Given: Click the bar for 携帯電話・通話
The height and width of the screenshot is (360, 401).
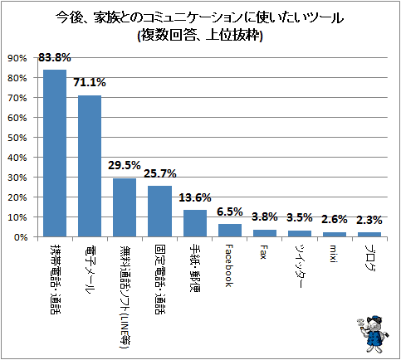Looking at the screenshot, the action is (x=55, y=153).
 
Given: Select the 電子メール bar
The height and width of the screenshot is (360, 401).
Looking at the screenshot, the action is (x=90, y=166).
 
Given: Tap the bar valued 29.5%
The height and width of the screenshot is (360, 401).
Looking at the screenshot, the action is (x=125, y=207).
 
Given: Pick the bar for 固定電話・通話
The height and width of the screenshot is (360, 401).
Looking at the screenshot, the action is (x=159, y=212).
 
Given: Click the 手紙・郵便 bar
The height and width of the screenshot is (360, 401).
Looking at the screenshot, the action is (x=195, y=223).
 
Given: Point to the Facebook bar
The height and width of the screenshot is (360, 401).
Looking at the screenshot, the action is (x=230, y=231).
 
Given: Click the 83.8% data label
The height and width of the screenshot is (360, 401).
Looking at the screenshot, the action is (x=55, y=57).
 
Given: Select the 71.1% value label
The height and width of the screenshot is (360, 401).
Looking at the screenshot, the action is (x=90, y=82).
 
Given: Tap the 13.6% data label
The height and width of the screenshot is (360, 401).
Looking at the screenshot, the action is (x=195, y=197).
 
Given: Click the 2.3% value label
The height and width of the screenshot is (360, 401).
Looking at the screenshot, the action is (x=369, y=220).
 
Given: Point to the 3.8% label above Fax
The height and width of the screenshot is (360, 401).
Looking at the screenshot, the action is (x=265, y=217).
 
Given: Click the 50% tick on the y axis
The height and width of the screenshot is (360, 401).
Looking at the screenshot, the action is (x=17, y=138).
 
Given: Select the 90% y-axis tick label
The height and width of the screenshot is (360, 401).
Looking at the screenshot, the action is (x=17, y=58).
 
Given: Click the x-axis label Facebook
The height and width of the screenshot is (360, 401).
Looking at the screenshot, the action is (x=229, y=265).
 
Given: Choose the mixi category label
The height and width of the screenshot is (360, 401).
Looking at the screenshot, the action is (x=333, y=253).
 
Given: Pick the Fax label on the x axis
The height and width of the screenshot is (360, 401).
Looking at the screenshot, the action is (x=262, y=251).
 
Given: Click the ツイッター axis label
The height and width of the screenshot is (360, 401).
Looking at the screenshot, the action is (x=299, y=266).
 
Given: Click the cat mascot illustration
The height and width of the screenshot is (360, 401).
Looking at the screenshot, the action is (x=373, y=334).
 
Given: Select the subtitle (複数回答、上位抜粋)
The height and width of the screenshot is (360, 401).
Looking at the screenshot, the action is (x=200, y=36).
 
